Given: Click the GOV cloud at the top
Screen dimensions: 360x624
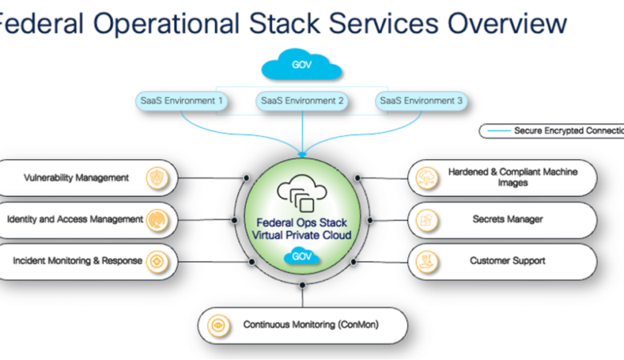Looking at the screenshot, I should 302,65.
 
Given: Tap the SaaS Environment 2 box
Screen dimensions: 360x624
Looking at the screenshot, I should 302,102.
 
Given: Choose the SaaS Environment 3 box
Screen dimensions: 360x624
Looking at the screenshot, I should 421,102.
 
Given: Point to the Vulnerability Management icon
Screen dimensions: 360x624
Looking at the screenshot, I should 158,178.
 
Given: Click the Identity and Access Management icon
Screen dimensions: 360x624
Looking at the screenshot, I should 158,219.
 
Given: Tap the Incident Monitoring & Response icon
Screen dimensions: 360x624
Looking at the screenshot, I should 158,261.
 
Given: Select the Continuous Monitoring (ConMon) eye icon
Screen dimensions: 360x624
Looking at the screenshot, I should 217,326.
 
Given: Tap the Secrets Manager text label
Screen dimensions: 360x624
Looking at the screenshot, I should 506,219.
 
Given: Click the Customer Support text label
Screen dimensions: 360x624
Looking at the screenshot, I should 507,261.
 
